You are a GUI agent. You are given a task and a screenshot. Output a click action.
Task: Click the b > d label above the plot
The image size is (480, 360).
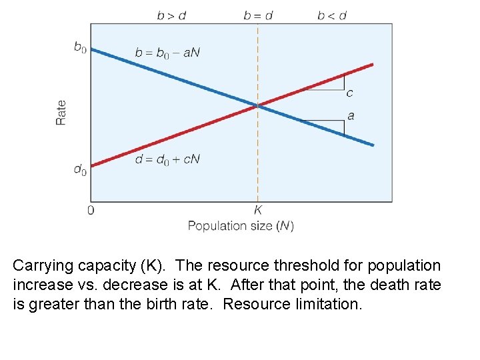point(171,15)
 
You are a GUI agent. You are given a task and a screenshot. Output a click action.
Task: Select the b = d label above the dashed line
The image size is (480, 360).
point(257,15)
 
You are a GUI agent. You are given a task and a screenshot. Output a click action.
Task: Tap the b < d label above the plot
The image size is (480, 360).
point(331,15)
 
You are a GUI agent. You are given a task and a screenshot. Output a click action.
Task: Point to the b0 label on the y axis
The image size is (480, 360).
point(80,47)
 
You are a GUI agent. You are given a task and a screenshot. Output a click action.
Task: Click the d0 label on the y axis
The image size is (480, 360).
point(80,170)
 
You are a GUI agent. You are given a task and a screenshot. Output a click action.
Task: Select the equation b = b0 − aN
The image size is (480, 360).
point(167,53)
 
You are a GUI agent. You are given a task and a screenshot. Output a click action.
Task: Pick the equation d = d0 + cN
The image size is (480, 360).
point(167,159)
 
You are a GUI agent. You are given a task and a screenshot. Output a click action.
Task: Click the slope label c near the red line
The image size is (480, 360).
point(350,93)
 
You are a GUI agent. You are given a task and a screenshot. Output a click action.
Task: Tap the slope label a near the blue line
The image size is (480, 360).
point(351,116)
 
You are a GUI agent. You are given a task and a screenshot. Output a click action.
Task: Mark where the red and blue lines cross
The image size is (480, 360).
point(257,105)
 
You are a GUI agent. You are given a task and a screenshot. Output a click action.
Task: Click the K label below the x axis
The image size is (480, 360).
point(258,210)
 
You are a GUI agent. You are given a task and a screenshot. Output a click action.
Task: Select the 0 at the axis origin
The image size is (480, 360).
point(91,210)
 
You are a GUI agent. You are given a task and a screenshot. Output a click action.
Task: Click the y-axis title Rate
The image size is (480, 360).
point(61,112)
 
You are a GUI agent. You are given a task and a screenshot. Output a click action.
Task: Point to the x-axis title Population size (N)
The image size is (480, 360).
point(241,226)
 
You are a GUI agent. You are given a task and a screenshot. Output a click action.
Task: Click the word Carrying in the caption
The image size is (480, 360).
point(40,266)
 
